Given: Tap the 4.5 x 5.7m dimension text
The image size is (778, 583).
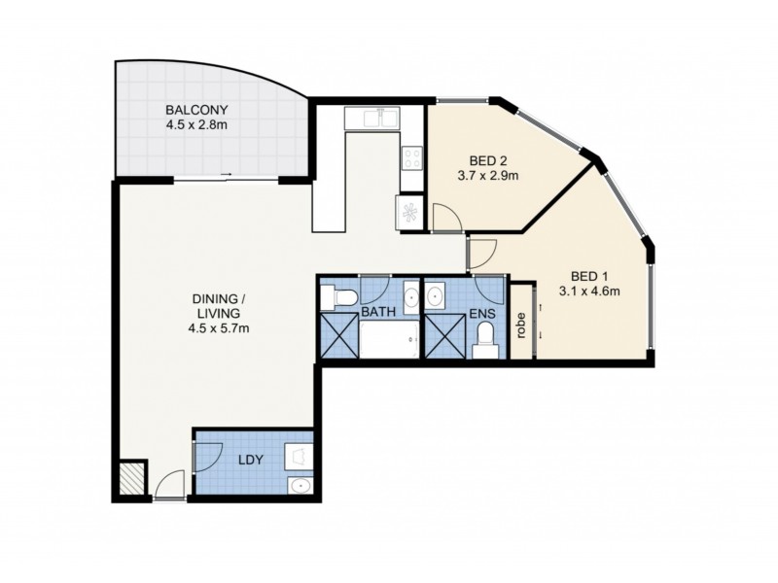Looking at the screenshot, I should [x=220, y=327].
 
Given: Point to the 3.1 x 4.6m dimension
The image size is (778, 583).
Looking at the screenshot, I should [x=589, y=290].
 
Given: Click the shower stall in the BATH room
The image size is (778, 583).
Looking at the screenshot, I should [x=339, y=337].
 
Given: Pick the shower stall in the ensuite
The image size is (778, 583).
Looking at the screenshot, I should [x=443, y=337].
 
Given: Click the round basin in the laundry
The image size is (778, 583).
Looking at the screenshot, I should [x=300, y=485].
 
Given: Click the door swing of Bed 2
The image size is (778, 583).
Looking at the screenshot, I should [x=445, y=218].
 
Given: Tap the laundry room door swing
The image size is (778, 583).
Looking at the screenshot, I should [x=206, y=455].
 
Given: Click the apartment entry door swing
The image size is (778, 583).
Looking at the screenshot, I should [x=169, y=482].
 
